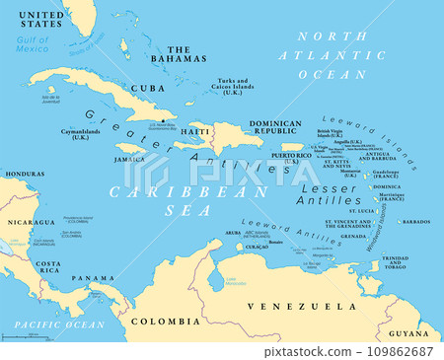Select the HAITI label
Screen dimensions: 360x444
click(194, 131)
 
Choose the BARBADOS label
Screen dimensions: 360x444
click(415, 222)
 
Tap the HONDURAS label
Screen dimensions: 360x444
click(24, 174)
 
